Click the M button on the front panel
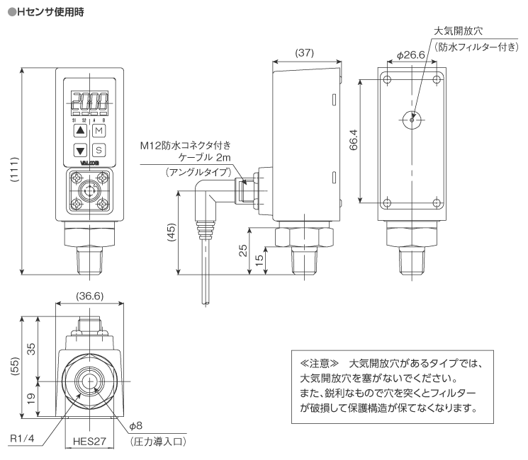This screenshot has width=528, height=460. tap(99, 131)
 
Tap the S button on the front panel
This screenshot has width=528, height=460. tap(99, 150)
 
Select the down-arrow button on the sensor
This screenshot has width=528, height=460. tap(80, 150)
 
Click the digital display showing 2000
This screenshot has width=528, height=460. tap(89, 100)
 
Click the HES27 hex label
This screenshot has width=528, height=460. tap(89, 439)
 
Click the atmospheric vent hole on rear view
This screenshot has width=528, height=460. tap(412, 120)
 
